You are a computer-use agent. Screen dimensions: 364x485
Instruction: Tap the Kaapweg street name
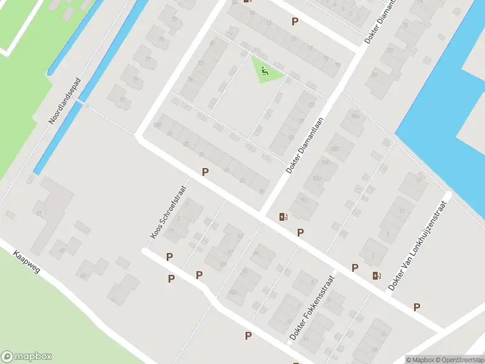[26, 261]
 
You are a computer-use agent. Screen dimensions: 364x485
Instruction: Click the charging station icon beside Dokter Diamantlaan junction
[283, 217]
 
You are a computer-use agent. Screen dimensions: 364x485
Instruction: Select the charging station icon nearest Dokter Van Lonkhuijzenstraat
[377, 275]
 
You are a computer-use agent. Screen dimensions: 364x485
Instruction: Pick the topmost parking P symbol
[295, 21]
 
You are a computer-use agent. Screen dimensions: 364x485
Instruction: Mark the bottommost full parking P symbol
[248, 335]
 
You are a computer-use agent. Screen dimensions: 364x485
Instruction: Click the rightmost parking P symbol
[416, 307]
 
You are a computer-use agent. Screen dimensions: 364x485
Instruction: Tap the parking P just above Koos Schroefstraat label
[206, 172]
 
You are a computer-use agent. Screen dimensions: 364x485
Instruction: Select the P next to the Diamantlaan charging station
[300, 232]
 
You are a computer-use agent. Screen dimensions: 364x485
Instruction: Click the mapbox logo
[27, 357]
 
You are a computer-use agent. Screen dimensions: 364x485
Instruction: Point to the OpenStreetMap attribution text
[460, 360]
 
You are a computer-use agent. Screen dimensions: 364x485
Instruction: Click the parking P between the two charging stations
[355, 268]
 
